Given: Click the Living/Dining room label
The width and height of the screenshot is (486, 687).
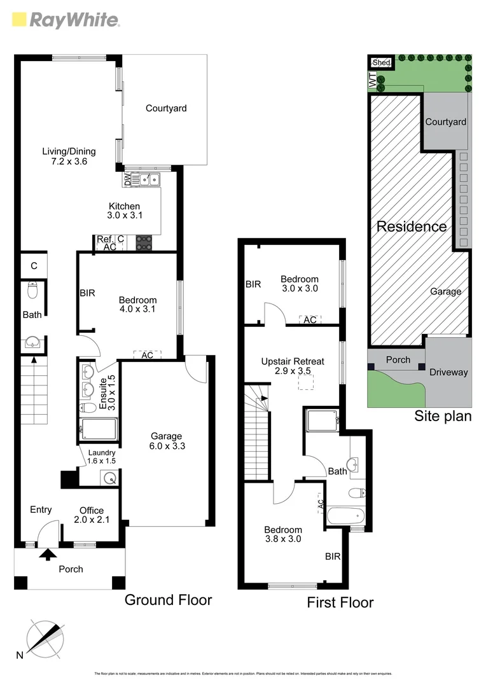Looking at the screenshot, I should tap(69, 156).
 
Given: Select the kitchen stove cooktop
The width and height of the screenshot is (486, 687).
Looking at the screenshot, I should tap(144, 242).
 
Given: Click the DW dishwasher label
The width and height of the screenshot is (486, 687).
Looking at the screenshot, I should tap(127, 180).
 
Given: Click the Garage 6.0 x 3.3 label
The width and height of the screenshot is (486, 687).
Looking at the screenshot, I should tap(166, 441).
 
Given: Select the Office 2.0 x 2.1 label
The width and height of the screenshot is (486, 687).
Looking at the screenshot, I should tap(91, 515).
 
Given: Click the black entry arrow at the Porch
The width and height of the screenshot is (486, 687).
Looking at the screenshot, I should tap(47, 555).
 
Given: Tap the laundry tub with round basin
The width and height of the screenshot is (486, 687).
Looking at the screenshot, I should tap(109, 478).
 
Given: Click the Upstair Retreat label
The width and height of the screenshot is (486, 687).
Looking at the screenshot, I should tap(293, 366).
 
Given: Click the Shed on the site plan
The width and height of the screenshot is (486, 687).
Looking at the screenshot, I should tap(381, 62).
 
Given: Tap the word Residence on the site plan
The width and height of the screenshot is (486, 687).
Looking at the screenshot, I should tap(412, 226).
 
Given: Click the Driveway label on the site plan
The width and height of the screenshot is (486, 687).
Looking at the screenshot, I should tap(448, 372).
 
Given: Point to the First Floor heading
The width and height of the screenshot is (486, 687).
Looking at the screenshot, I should tap(340, 602).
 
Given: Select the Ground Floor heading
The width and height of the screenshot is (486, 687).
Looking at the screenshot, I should tap(168, 599).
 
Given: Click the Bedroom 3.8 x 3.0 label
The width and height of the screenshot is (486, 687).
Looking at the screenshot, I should tap(283, 534).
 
